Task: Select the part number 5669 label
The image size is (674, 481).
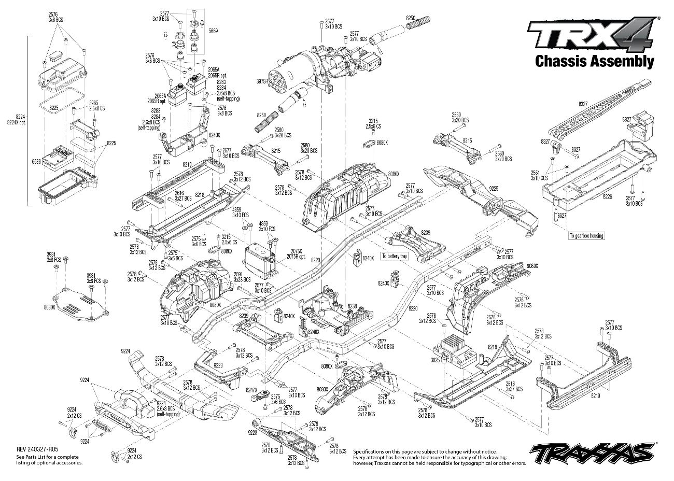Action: tap(213, 31)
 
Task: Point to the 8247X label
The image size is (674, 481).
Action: tap(251, 389)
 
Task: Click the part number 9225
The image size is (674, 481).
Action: tap(494, 189)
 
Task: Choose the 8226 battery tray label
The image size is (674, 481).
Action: tap(608, 196)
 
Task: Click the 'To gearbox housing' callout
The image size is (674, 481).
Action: tap(586, 236)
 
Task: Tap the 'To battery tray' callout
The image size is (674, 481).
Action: tap(394, 256)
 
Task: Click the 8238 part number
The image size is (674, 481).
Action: tap(352, 306)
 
